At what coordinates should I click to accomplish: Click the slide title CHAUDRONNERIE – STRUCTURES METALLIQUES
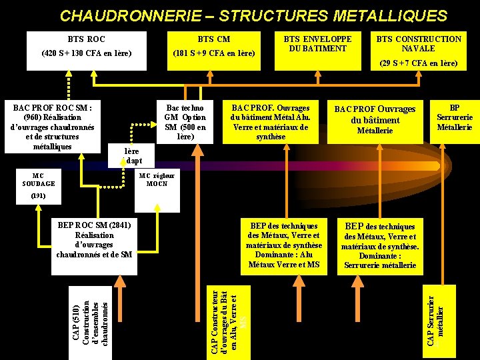253,15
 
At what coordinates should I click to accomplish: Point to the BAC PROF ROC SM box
51,126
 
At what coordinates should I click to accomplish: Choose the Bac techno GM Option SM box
185,122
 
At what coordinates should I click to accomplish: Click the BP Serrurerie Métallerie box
454,118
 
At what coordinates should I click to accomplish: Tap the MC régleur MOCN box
157,179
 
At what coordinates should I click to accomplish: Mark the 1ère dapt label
133,156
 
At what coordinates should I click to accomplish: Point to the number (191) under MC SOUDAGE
39,197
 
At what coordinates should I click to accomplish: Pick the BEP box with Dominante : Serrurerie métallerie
379,245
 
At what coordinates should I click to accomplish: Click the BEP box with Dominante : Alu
284,245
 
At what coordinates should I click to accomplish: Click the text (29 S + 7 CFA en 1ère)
419,63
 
